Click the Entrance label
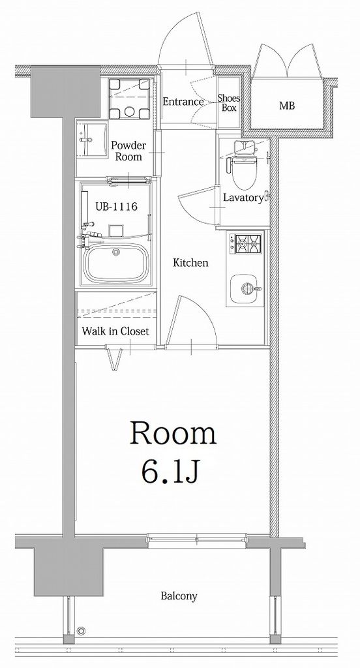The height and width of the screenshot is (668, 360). pos(183,102)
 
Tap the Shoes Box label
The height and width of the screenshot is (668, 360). pos(229,103)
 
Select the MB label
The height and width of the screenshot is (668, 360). pos(287,106)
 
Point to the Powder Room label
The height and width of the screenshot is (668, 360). pos(128,151)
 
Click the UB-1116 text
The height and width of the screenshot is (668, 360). pos(116,207)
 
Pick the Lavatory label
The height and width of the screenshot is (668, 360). pos(243,198)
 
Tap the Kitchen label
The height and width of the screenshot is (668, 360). pos(190,263)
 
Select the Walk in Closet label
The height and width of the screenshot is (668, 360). pos(115,331)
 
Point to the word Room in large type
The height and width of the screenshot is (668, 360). pos(173,433)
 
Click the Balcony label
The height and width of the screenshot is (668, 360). pos(179,596)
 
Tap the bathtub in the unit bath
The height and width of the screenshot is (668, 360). pos(114,264)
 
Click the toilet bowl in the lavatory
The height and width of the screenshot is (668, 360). pos(244,172)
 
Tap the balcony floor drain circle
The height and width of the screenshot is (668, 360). pos(82,631)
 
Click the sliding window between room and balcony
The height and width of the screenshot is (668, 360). pos(197,539)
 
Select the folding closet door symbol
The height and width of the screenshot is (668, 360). pos(113,359)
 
